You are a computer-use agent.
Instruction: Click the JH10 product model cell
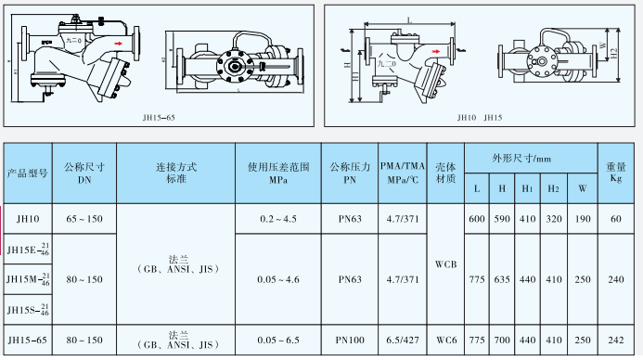28,219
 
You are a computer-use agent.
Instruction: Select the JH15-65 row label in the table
28,341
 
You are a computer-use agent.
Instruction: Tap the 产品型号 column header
28,174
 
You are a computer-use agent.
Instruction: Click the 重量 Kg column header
615,174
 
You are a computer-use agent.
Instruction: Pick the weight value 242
615,341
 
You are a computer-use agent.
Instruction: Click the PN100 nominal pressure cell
350,341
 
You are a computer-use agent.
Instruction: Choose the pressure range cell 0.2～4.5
279,219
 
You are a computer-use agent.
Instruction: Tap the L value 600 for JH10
477,219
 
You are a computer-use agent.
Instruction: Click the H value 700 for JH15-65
502,341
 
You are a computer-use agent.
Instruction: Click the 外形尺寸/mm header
529,159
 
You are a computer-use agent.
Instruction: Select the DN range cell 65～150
84,219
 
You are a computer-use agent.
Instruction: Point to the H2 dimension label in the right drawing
615,53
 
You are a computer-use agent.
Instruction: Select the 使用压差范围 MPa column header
279,174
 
